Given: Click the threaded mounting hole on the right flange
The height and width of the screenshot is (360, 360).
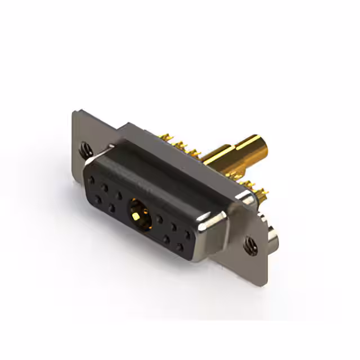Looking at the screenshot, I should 248,244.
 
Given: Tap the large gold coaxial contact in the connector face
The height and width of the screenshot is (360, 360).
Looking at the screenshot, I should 137,211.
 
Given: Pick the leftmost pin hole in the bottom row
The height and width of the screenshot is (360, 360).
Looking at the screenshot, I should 98,198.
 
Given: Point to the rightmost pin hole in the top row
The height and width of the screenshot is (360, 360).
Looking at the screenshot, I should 187,232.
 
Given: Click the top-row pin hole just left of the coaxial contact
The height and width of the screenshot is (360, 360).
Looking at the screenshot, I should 119,196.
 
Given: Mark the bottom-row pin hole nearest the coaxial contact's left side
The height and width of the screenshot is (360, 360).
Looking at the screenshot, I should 112,208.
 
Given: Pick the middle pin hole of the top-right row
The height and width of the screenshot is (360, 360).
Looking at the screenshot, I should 173,226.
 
